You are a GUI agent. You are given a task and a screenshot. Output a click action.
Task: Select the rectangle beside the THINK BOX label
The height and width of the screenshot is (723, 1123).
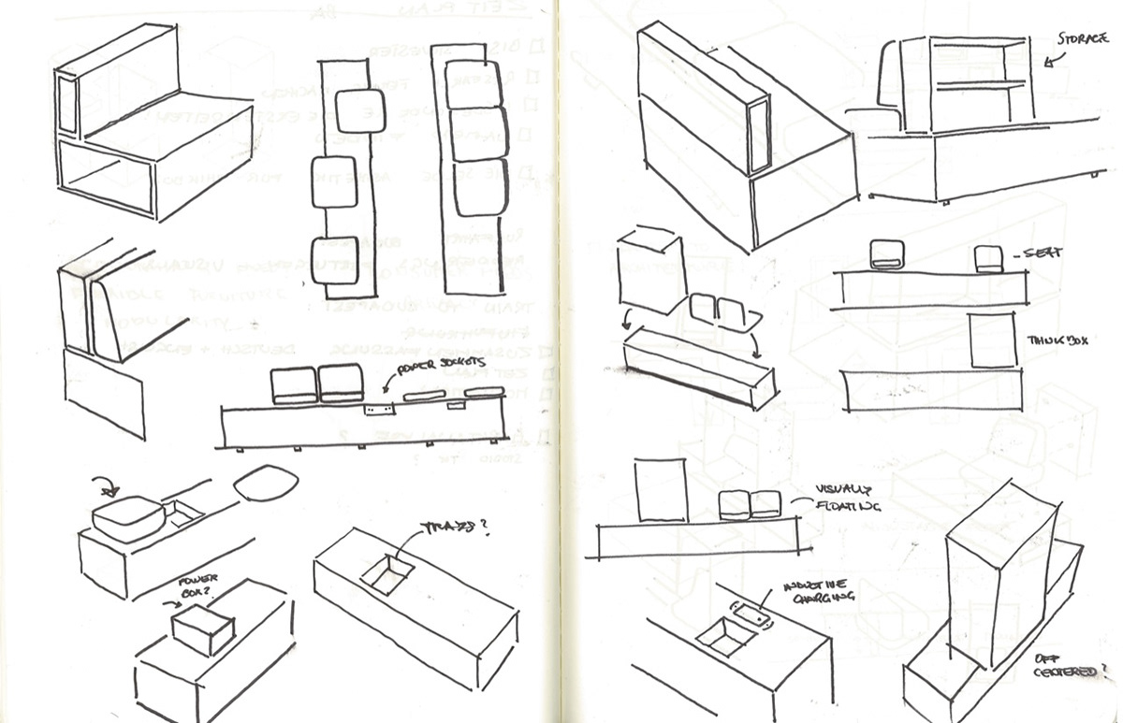tap(992, 340)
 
